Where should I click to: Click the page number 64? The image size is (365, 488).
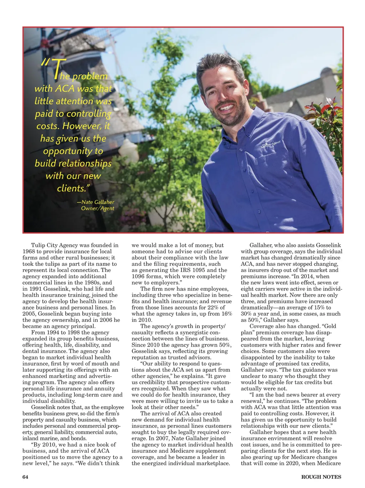coord(25,477)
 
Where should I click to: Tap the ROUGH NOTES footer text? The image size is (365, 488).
coord(321,477)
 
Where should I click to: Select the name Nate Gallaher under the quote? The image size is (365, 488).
coord(98,202)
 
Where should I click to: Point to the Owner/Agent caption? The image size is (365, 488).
coord(97,208)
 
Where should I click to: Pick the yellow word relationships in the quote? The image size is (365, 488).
coord(73,163)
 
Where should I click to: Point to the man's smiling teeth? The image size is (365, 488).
coord(227,107)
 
